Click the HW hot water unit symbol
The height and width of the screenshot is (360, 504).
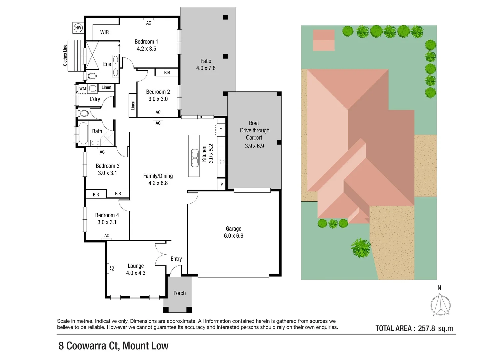78,28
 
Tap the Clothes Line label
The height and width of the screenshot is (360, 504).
65,55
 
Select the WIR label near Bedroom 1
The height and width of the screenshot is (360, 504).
104,32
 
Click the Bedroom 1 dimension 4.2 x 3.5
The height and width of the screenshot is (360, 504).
146,49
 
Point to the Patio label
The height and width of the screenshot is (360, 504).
206,61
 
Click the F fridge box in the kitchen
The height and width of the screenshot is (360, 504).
220,130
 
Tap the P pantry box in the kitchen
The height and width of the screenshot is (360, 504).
221,184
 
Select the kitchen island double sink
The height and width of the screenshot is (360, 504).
194,158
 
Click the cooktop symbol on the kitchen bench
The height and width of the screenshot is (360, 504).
221,162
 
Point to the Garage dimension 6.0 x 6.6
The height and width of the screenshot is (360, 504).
233,236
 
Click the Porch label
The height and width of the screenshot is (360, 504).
179,293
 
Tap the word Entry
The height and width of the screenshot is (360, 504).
176,259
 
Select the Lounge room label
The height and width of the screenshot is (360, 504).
136,266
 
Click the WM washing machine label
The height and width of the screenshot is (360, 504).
83,89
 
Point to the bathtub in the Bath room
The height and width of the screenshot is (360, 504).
83,133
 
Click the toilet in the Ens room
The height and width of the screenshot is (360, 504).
92,76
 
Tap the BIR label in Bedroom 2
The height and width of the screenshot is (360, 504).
167,73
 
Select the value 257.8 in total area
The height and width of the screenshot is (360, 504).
426,328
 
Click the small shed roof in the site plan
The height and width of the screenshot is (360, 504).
324,40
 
